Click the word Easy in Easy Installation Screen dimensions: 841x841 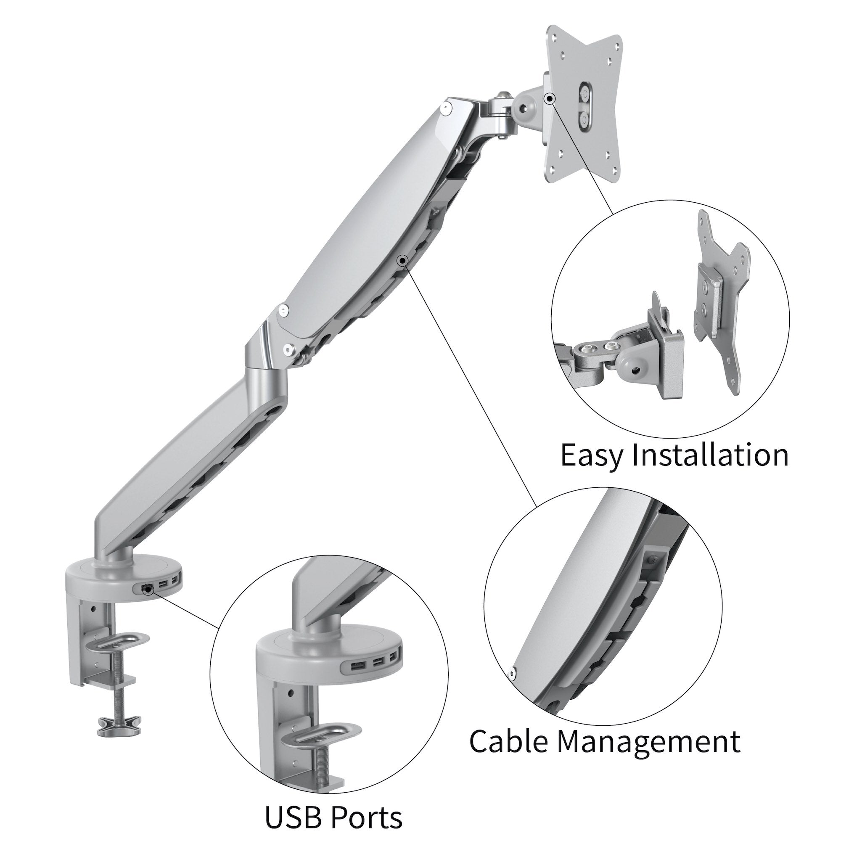point(593,455)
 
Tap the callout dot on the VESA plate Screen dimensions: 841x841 point(550,99)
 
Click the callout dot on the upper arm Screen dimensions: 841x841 point(402,260)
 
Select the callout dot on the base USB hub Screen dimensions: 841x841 point(149,590)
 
